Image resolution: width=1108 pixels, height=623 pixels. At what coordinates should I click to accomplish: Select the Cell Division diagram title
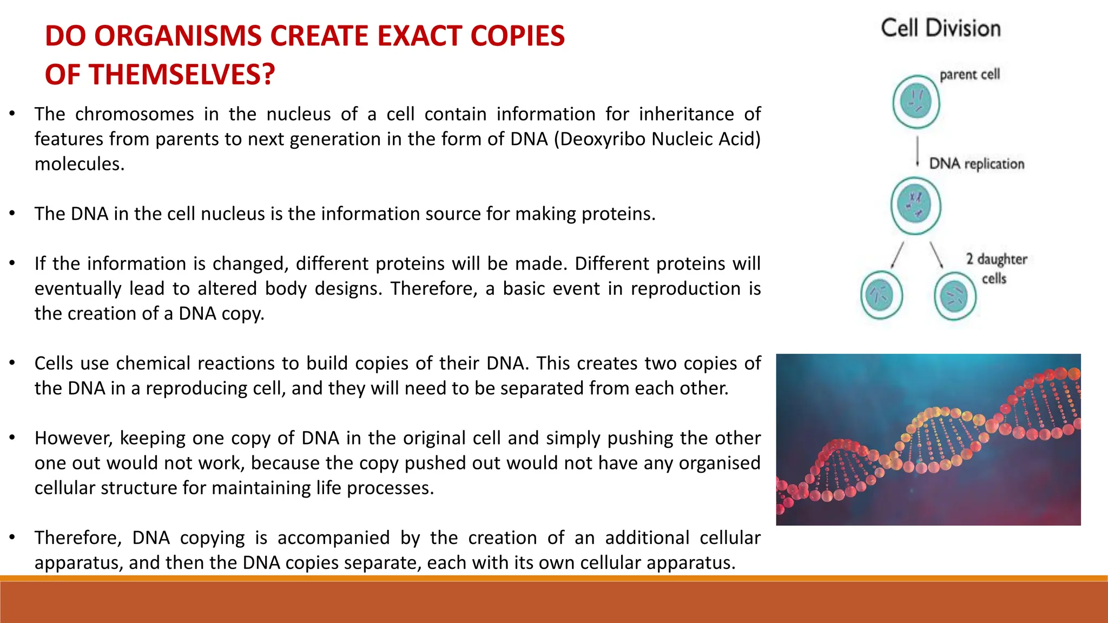(x=941, y=28)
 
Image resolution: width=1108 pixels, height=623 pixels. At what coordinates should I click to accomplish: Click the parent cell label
(x=969, y=74)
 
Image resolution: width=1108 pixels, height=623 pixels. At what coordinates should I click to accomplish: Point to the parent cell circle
(x=916, y=101)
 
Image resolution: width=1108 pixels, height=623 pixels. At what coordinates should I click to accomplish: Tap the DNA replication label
(x=977, y=164)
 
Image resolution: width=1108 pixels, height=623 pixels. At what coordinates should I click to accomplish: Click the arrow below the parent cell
(x=918, y=151)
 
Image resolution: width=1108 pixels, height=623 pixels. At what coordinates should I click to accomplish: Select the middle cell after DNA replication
(x=916, y=206)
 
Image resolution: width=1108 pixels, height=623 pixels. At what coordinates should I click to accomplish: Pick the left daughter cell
(x=881, y=295)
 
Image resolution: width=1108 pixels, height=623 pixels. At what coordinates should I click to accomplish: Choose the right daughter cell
(x=955, y=296)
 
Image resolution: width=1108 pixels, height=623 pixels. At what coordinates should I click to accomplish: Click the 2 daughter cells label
(x=996, y=269)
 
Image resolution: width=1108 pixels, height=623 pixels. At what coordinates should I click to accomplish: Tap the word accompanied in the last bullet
(x=333, y=538)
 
